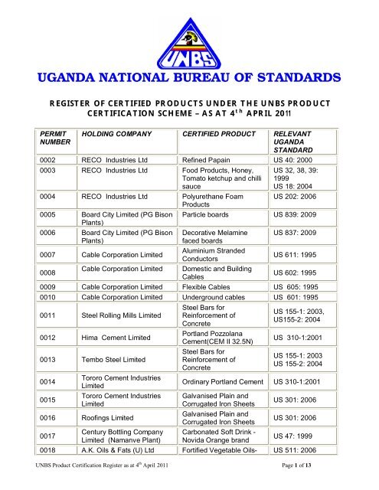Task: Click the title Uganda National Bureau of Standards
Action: [189, 79]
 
